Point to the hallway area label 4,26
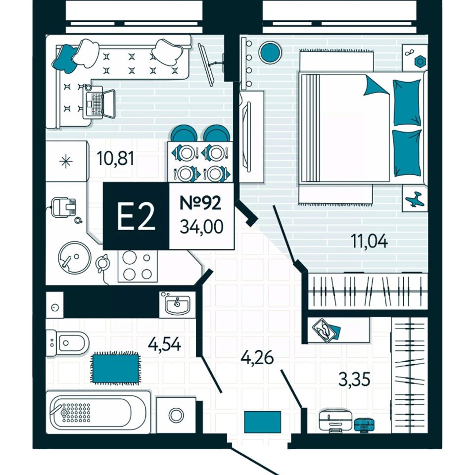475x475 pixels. tap(257, 356)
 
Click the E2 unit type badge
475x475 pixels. tap(136, 217)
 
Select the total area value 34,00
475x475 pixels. tap(201, 227)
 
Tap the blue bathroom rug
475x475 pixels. tap(114, 367)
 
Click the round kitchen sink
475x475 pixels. tap(75, 257)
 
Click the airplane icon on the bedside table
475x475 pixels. tap(414, 199)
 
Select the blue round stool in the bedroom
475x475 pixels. tap(270, 51)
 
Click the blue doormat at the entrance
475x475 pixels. tap(262, 422)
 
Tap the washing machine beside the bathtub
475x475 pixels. tap(176, 415)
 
